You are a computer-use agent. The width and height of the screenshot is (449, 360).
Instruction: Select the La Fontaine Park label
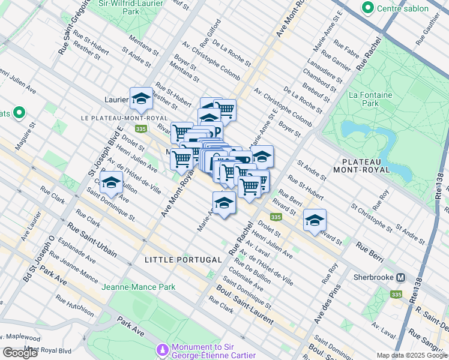point(370,99)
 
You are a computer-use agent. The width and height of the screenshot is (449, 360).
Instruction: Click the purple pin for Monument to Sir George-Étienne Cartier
point(162,350)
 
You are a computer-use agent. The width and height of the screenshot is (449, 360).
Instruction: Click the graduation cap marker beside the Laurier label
point(141,98)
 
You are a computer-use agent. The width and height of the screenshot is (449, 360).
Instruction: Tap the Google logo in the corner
point(20,353)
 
